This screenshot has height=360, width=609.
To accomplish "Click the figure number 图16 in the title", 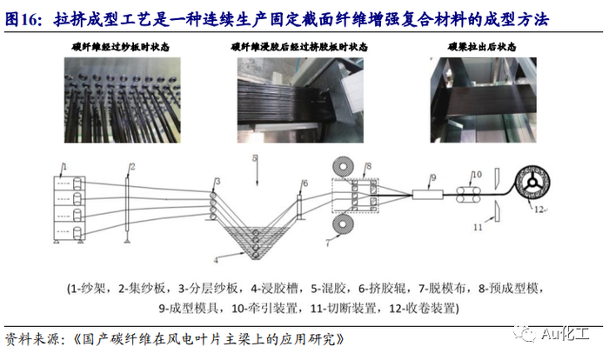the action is (x=23, y=19).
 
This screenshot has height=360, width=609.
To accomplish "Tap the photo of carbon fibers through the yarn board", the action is (x=123, y=100).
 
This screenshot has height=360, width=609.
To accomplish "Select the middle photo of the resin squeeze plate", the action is (x=300, y=100).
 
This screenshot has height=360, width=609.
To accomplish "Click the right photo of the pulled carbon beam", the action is (x=483, y=100).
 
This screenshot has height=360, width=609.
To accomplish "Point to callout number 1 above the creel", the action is (x=65, y=167).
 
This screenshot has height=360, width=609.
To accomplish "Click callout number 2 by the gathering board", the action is (x=132, y=167).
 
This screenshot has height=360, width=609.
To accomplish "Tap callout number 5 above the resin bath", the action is (x=255, y=158).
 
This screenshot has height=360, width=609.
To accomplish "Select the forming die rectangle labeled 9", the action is (x=427, y=194).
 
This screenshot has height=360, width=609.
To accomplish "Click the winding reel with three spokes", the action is (x=532, y=182).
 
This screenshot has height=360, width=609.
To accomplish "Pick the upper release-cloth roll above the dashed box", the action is (x=343, y=166).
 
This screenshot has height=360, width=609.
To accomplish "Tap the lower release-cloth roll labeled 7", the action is (x=343, y=225).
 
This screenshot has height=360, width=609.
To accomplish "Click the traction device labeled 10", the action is (x=468, y=194).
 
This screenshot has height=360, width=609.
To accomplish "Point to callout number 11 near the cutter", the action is (x=478, y=227).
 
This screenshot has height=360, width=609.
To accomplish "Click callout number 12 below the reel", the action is (x=539, y=210).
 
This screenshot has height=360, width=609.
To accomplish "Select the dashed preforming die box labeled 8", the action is (x=355, y=196).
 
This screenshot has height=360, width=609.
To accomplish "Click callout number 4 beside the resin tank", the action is (x=216, y=260).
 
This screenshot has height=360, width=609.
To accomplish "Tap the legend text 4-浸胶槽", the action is (x=274, y=289).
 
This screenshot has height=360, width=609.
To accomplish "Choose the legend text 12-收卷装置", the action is (x=424, y=309).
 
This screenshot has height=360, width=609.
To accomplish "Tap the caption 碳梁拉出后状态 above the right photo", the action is (x=482, y=47).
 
